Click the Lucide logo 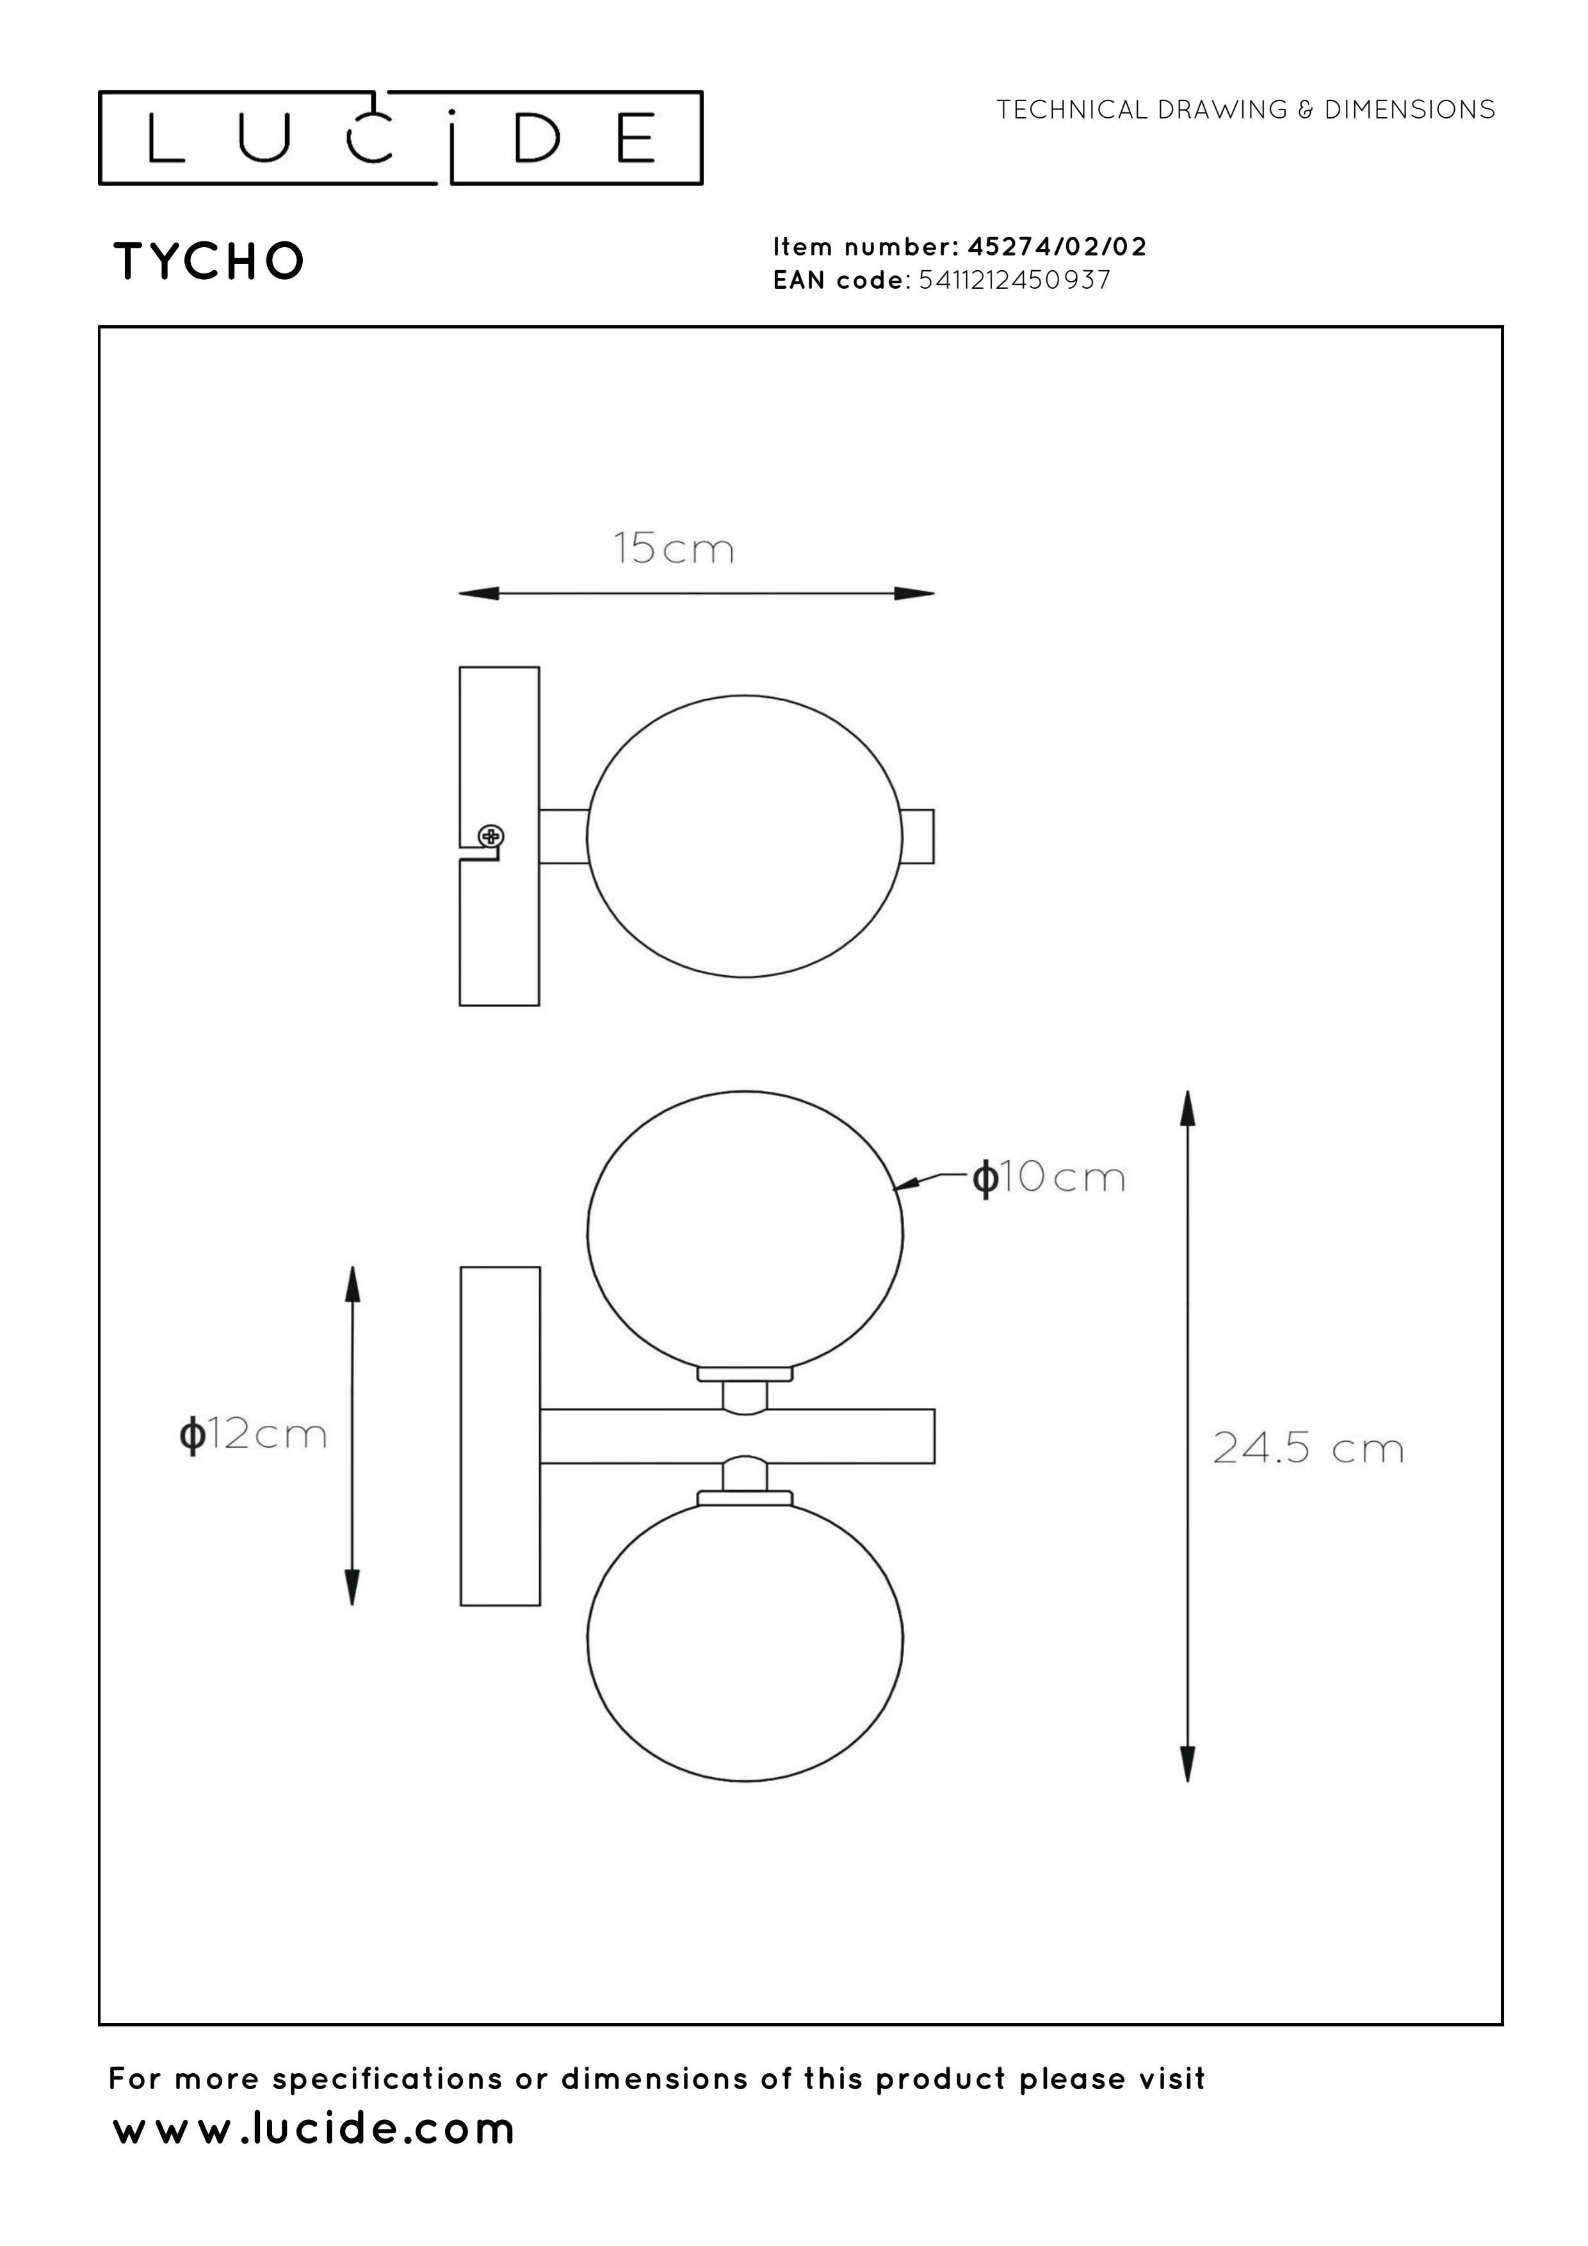pos(400,137)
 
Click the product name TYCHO pos(209,261)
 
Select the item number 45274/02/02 pos(1057,246)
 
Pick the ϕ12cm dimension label pos(252,1435)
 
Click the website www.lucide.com pos(314,2129)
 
